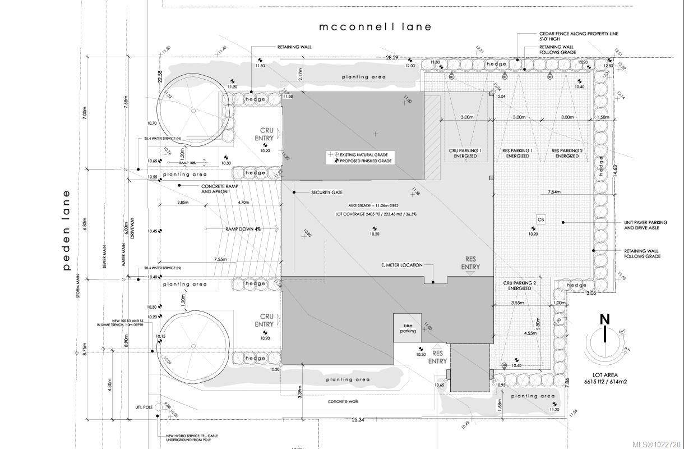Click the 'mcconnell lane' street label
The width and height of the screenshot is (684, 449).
[375, 26]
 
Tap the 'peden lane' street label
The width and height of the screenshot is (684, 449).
[67, 230]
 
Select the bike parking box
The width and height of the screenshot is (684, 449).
[408, 328]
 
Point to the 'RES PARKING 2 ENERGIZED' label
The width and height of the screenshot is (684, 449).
[567, 153]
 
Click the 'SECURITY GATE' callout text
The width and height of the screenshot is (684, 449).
[327, 193]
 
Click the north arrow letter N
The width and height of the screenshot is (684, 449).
[604, 319]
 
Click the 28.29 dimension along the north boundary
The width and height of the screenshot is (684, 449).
[391, 58]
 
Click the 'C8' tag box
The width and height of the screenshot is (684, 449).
[541, 219]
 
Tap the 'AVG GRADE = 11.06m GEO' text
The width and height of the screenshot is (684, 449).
[374, 206]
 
